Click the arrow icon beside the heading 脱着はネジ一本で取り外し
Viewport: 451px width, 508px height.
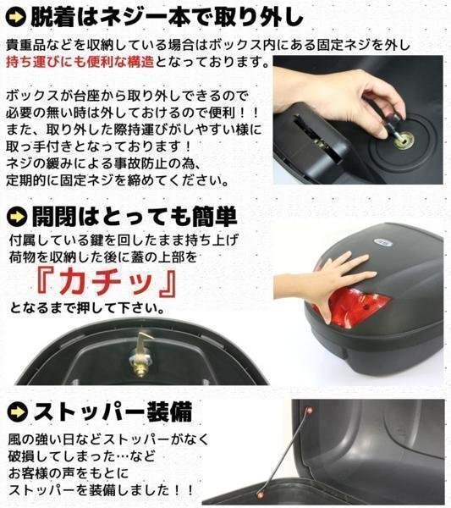[16, 17]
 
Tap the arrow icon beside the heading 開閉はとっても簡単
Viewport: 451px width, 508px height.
[17, 217]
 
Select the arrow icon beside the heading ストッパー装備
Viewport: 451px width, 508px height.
[18, 412]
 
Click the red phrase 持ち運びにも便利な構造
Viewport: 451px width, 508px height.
[80, 62]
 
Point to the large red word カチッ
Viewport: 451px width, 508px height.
[107, 283]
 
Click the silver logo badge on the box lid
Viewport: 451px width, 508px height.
[383, 242]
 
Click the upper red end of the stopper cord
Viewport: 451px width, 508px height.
[309, 411]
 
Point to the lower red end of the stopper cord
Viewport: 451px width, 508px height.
[259, 494]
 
